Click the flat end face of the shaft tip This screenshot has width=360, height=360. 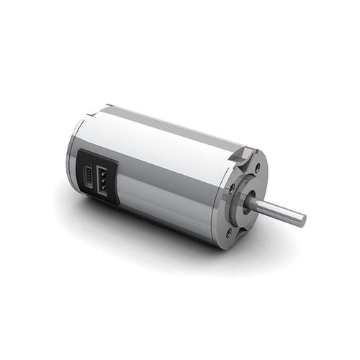(301, 217)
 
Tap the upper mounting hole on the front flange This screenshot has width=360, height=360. (257, 168)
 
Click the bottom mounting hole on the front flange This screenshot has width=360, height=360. (230, 232)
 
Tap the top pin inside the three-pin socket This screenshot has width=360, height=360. (103, 173)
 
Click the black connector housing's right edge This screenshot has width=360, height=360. (118, 189)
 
